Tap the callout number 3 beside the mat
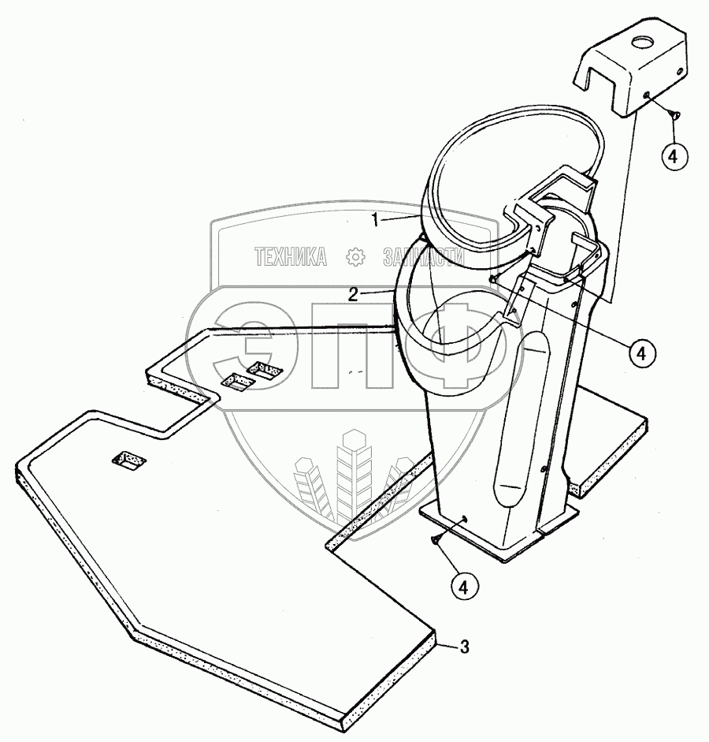[464, 648]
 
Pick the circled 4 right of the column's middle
[643, 352]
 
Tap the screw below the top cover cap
[673, 115]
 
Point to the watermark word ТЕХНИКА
[289, 256]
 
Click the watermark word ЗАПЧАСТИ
[421, 258]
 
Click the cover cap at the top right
[630, 71]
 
